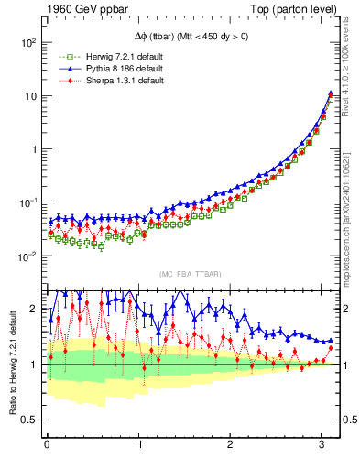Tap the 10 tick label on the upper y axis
(28, 96)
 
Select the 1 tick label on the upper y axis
(32, 148)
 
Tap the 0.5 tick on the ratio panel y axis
(27, 420)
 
